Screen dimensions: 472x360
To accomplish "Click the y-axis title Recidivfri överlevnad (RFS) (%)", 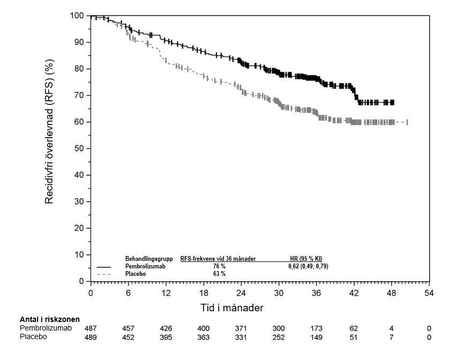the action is click(49, 132).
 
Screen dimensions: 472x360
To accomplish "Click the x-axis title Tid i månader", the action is click(232, 308).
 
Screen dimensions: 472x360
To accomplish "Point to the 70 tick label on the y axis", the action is click(79, 95).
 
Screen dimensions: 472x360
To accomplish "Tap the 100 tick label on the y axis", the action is click(77, 16).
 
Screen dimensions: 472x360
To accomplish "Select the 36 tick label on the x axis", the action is click(317, 293).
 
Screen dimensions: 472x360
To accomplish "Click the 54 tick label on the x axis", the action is click(429, 293).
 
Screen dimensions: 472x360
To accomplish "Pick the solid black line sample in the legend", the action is click(104, 267).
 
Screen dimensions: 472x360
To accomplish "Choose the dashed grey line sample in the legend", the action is click(104, 274).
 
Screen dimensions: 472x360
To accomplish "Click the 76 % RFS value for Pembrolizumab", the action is click(219, 266).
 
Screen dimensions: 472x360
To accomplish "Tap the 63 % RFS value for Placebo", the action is click(219, 274).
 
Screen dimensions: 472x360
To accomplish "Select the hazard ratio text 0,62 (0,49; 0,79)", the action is click(308, 266).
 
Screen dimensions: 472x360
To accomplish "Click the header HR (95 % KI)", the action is click(306, 259).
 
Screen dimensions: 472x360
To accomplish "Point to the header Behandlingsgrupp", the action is click(149, 259).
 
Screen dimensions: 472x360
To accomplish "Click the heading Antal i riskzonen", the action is click(50, 319).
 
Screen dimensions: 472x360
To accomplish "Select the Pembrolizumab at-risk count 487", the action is click(91, 328).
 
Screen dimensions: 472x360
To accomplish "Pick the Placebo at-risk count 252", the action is click(279, 337).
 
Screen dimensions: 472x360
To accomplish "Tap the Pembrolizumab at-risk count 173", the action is click(317, 328).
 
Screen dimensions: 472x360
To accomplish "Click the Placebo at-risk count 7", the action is click(391, 337).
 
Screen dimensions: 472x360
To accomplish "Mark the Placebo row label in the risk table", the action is click(33, 336).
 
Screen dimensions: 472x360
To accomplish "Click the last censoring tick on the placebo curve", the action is click(407, 122).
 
